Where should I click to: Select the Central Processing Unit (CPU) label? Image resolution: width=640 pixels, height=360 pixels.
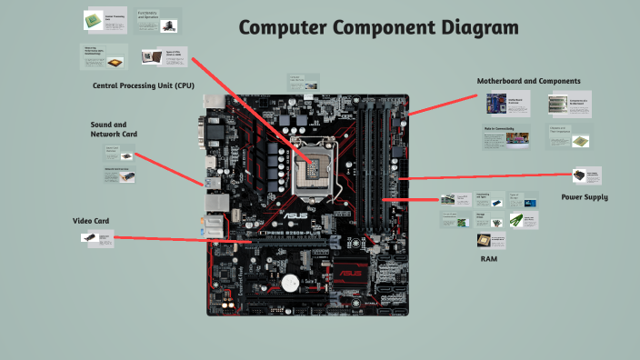(x=144, y=85)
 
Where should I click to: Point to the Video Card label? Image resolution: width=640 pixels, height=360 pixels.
(x=91, y=221)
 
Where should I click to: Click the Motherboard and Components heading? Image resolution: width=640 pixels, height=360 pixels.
(x=528, y=81)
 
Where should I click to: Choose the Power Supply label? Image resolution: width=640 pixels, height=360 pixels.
(x=584, y=196)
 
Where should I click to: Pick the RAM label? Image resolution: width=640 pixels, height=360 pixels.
(x=488, y=259)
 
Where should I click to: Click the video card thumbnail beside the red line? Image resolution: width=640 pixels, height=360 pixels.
(x=89, y=237)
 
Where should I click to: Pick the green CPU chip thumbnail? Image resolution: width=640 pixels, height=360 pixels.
(x=93, y=19)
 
